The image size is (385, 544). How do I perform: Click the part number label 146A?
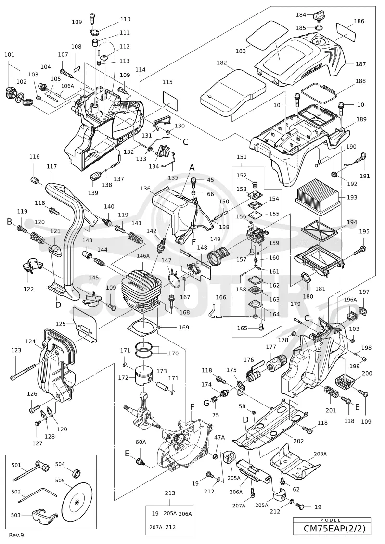tap(142, 256)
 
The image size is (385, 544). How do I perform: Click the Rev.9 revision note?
tap(17, 535)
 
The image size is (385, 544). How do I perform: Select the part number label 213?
tap(170, 493)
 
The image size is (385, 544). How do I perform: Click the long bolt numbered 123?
tap(24, 371)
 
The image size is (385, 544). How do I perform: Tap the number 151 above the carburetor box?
tap(241, 157)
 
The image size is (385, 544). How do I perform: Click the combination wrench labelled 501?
tap(31, 473)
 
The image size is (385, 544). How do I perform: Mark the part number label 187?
tap(361, 64)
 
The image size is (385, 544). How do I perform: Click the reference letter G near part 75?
tap(206, 403)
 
